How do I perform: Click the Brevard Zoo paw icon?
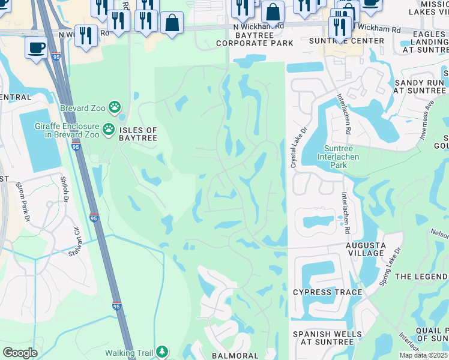115,109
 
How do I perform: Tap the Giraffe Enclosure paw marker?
109,128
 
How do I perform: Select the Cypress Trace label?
327,292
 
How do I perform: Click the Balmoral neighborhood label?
235,355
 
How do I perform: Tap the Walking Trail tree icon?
162,352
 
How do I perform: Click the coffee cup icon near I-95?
36,47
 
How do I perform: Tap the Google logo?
20,353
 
